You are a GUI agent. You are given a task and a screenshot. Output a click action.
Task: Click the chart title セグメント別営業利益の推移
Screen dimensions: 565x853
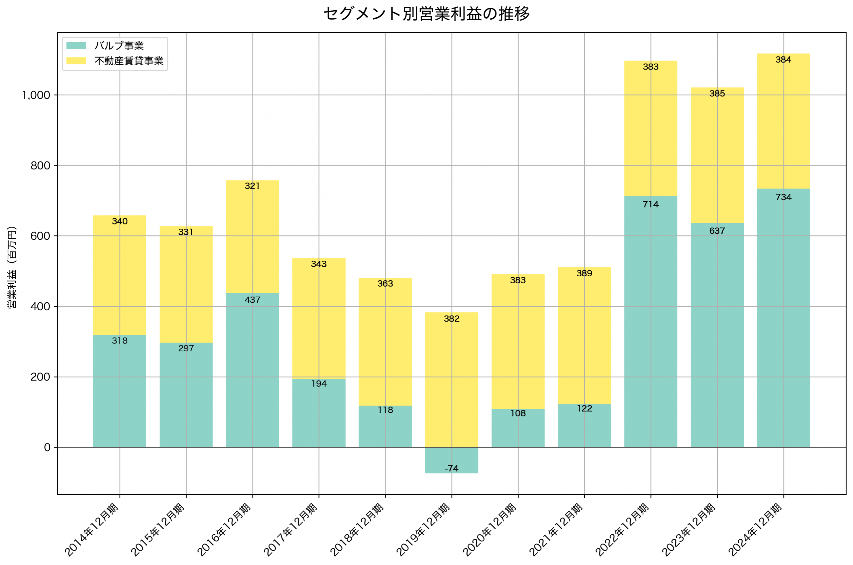pos(426,14)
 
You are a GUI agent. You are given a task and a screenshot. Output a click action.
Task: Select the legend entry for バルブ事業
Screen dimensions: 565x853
pos(119,46)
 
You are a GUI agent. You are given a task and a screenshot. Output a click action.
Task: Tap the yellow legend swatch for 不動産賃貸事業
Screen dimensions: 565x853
pos(76,61)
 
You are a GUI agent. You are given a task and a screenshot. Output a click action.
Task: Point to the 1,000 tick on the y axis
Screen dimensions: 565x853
pos(36,95)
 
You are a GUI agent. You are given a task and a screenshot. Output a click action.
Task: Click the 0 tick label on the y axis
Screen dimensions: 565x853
pos(47,447)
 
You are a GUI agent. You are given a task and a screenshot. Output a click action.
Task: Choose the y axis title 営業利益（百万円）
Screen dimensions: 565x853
pos(12,267)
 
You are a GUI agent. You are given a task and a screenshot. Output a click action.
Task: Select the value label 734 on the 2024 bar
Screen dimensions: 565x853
pos(783,197)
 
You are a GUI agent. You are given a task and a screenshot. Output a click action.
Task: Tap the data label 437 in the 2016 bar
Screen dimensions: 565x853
pos(252,300)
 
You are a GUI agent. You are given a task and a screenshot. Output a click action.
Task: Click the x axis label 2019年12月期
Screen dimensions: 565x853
pos(424,530)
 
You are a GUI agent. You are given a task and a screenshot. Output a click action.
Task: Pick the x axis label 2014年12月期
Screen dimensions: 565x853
pos(92,530)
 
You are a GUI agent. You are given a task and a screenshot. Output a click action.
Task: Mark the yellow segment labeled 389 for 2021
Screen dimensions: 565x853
pos(584,335)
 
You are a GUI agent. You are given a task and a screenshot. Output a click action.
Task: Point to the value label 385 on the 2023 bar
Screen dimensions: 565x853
pos(717,94)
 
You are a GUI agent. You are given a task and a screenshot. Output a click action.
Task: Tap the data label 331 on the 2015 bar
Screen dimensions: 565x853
pos(186,232)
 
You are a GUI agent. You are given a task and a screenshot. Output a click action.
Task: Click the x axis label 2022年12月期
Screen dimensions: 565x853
pos(623,530)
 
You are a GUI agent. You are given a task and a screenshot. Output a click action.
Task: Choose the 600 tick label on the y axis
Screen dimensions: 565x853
pos(40,236)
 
